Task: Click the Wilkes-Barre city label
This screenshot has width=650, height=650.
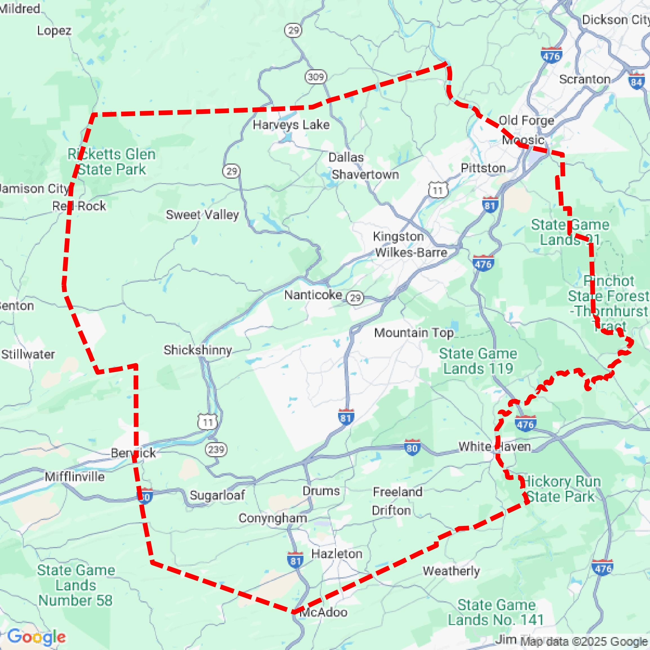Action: pyautogui.click(x=411, y=252)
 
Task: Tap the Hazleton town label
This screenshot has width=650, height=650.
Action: pyautogui.click(x=337, y=554)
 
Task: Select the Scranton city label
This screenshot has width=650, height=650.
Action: pyautogui.click(x=585, y=79)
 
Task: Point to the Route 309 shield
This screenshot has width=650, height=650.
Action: pyautogui.click(x=316, y=77)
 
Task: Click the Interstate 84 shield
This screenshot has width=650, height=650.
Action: pyautogui.click(x=636, y=82)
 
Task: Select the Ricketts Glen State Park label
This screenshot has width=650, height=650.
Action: pyautogui.click(x=111, y=162)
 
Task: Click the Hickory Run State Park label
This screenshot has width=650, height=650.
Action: pyautogui.click(x=561, y=489)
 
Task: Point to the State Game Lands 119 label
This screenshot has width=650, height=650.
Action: pyautogui.click(x=478, y=361)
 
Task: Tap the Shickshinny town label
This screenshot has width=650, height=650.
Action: pyautogui.click(x=198, y=350)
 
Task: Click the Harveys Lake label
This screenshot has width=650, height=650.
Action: pyautogui.click(x=291, y=125)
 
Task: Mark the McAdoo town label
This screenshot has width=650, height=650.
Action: pyautogui.click(x=323, y=612)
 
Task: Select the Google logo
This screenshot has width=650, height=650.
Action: pyautogui.click(x=36, y=637)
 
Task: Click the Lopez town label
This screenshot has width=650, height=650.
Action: pyautogui.click(x=54, y=31)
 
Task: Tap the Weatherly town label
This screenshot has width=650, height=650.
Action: pyautogui.click(x=451, y=571)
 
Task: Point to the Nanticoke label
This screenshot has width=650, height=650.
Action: pyautogui.click(x=313, y=295)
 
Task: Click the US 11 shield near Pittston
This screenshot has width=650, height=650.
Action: pyautogui.click(x=437, y=190)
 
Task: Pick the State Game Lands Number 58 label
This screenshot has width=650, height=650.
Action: pyautogui.click(x=76, y=585)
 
